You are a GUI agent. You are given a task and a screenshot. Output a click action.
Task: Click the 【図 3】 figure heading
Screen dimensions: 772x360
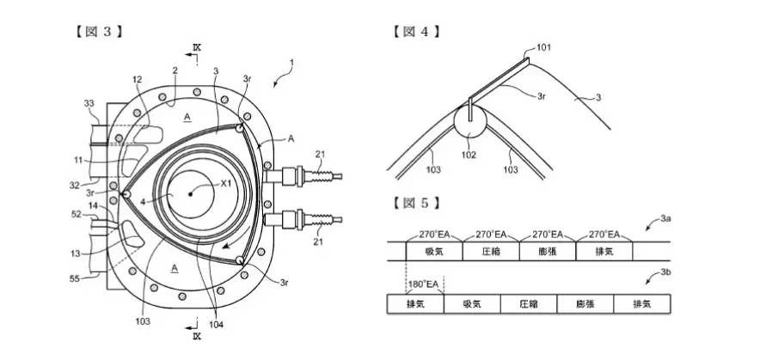tap(99, 32)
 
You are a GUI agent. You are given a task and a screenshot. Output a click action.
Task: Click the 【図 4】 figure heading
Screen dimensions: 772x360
tap(416, 32)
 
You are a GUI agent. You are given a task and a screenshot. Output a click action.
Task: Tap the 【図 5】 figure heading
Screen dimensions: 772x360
tap(416, 203)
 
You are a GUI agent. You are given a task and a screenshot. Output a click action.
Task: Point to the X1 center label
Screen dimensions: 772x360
tap(226, 184)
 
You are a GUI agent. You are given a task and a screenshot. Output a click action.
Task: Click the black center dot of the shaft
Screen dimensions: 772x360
tap(190, 194)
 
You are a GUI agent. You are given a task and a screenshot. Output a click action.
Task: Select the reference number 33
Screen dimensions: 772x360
tap(89, 103)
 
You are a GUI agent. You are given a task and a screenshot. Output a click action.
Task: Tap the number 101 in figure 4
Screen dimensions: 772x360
tap(543, 48)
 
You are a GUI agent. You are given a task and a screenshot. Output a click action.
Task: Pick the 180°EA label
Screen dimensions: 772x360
tap(423, 284)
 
